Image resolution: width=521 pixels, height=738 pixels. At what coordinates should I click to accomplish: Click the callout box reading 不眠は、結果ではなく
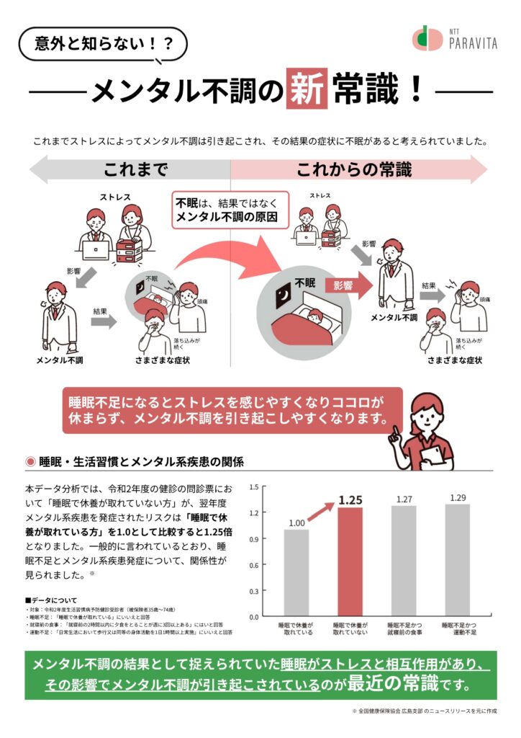click(230, 209)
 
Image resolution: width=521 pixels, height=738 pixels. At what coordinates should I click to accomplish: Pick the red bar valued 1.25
click(350, 562)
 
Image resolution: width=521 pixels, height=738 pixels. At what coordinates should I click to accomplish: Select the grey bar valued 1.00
click(296, 573)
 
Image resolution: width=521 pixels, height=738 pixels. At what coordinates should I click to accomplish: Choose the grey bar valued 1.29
click(457, 560)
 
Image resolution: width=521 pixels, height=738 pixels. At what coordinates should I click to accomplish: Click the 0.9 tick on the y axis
click(254, 539)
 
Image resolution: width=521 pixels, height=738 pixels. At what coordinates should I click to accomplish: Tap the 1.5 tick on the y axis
click(254, 487)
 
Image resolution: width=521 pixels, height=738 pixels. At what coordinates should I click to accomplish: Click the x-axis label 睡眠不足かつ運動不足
click(457, 628)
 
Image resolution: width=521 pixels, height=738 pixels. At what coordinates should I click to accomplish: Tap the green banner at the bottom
click(260, 673)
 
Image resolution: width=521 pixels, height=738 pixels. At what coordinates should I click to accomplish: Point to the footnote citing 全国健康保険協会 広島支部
click(425, 711)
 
